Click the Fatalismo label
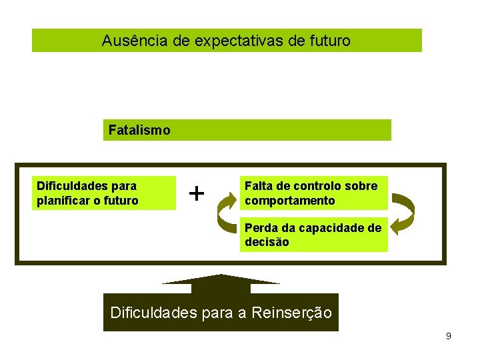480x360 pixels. pyautogui.click(x=139, y=130)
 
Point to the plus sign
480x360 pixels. pyautogui.click(x=196, y=193)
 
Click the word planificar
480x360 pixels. pyautogui.click(x=62, y=201)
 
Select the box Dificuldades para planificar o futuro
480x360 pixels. pyautogui.click(x=104, y=193)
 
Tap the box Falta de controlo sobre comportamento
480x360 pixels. pyautogui.click(x=313, y=193)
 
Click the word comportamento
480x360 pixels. pyautogui.click(x=290, y=201)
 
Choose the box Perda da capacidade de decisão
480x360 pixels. pyautogui.click(x=313, y=235)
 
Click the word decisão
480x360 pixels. pyautogui.click(x=267, y=243)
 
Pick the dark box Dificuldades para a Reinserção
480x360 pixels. pyautogui.click(x=221, y=313)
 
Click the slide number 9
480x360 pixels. pyautogui.click(x=449, y=336)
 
